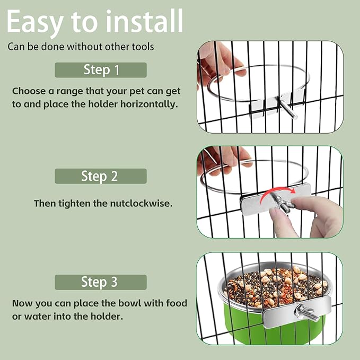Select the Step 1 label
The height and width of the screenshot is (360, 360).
[x=101, y=69]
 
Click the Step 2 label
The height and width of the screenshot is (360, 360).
[x=101, y=176]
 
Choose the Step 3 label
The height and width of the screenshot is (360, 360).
[x=101, y=282]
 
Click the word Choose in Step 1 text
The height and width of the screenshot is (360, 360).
[x=28, y=91]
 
